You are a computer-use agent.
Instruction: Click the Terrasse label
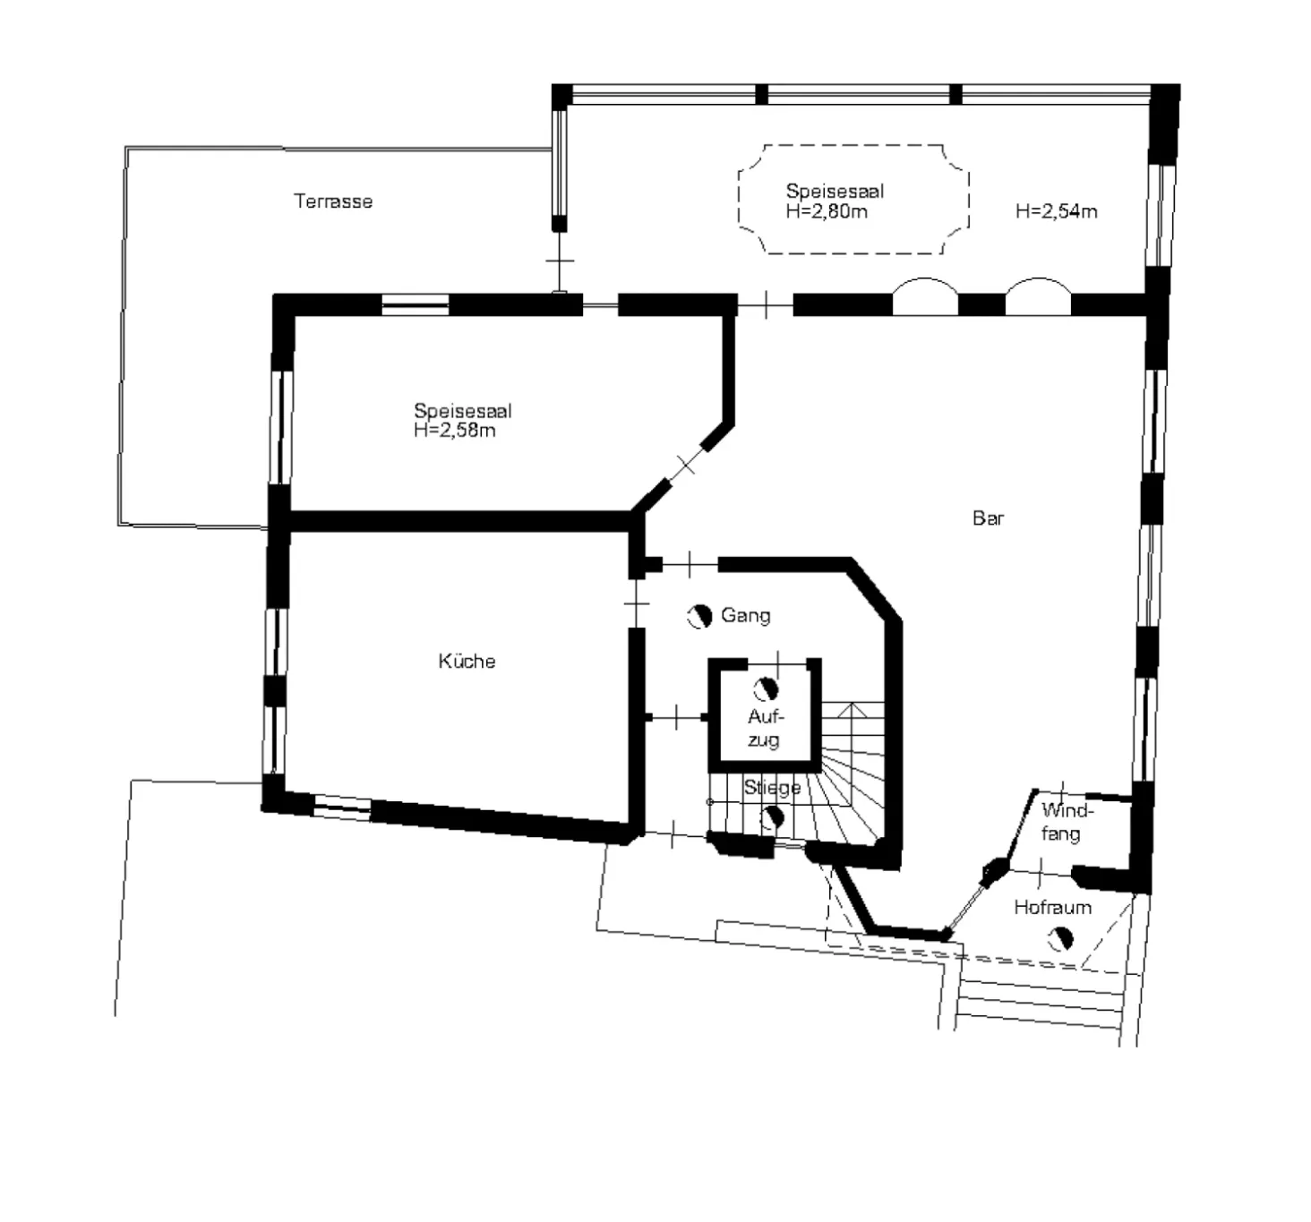click(x=333, y=201)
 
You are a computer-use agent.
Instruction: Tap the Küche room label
click(x=467, y=661)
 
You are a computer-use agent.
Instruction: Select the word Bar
click(x=989, y=518)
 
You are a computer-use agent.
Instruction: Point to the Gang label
click(x=746, y=615)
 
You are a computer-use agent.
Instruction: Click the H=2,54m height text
click(x=1056, y=211)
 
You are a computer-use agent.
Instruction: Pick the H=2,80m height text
click(x=827, y=212)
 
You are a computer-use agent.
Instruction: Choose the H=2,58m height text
click(x=455, y=431)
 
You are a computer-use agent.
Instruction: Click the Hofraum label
click(x=1053, y=907)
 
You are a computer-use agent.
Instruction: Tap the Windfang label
click(x=1067, y=822)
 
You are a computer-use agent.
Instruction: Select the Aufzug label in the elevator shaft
click(x=765, y=728)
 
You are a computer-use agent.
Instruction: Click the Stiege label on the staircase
click(x=772, y=788)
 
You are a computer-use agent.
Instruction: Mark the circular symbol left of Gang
click(x=699, y=616)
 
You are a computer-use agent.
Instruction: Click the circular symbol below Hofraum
click(x=1061, y=939)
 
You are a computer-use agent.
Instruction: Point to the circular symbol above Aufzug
click(x=766, y=690)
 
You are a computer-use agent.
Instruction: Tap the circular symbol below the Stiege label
click(x=772, y=819)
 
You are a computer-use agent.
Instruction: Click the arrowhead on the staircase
click(x=853, y=709)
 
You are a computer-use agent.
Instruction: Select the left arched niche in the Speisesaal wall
click(x=925, y=280)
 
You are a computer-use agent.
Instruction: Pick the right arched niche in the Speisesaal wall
click(x=1039, y=280)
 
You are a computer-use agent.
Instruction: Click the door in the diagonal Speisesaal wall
click(x=686, y=465)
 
